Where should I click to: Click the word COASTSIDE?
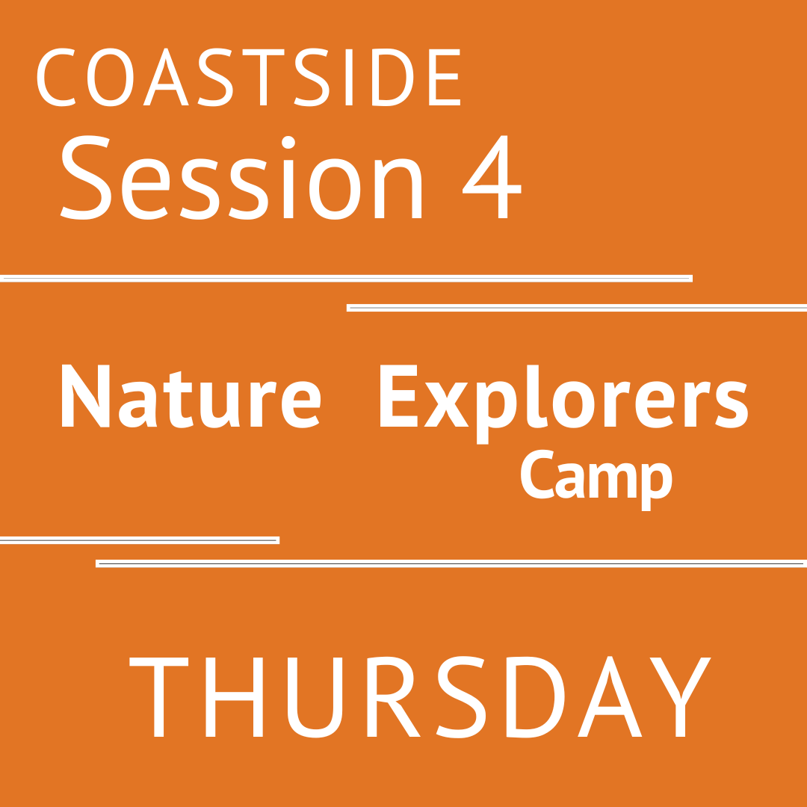pyautogui.click(x=249, y=78)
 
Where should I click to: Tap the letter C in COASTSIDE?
pyautogui.click(x=57, y=78)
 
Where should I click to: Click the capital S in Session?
pyautogui.click(x=84, y=178)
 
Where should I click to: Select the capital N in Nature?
pyautogui.click(x=84, y=396)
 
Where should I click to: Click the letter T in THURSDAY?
pyautogui.click(x=158, y=697)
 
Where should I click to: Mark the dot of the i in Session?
pyautogui.click(x=288, y=142)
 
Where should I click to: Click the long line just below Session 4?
pyautogui.click(x=346, y=279)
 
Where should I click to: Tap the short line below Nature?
pyautogui.click(x=139, y=539)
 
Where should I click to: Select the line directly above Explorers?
pyautogui.click(x=577, y=308)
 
